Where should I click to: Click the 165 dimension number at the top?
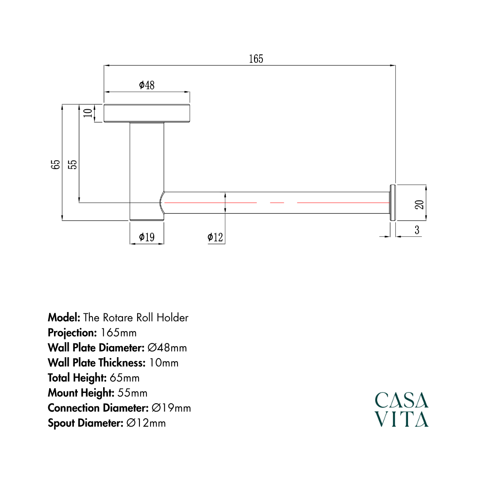tap(256, 59)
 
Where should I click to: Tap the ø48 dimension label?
tap(146, 85)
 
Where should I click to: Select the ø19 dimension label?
tap(146, 237)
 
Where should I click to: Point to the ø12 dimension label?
tap(215, 237)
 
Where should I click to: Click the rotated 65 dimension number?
tap(56, 165)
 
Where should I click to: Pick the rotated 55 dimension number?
tap(73, 165)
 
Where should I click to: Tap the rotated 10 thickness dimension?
tap(88, 113)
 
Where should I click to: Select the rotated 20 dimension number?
tap(420, 204)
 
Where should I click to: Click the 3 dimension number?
tap(417, 230)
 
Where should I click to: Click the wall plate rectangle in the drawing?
tap(146, 113)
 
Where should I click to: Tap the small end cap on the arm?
tap(393, 202)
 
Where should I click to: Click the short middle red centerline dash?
tap(277, 202)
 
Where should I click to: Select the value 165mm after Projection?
tap(119, 332)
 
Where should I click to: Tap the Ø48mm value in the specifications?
tap(167, 347)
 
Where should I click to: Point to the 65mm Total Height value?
tap(124, 378)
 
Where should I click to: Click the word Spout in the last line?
tap(61, 423)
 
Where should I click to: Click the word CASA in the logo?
tap(401, 400)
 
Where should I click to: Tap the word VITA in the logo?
tap(401, 419)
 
